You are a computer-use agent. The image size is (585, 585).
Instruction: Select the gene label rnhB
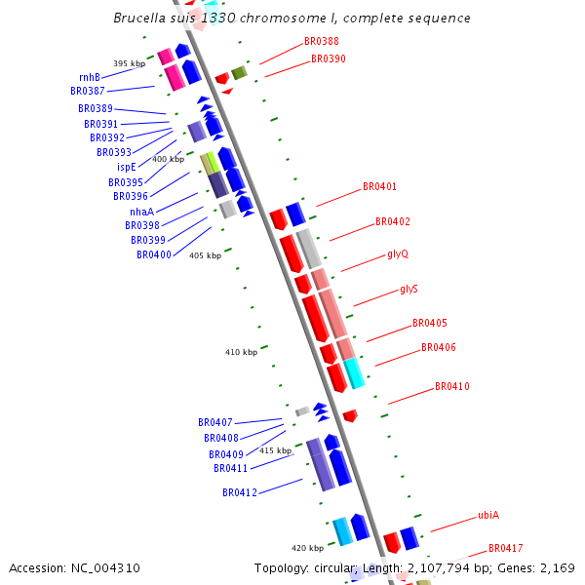tap(90, 77)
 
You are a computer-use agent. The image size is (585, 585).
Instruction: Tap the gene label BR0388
tap(322, 41)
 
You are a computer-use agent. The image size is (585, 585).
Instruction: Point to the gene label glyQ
tap(398, 254)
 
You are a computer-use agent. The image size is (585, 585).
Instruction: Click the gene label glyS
tap(409, 290)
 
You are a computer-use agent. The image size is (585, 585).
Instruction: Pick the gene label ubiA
tap(488, 515)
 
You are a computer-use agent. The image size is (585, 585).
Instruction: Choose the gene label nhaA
tap(141, 212)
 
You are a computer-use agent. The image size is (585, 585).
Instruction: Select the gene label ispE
tap(127, 167)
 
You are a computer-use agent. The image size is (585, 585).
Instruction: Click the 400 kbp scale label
tap(168, 159)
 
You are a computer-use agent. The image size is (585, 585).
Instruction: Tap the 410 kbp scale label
tap(241, 352)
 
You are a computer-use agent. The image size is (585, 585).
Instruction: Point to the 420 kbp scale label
tap(307, 548)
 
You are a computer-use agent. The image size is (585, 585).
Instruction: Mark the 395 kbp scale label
tap(129, 63)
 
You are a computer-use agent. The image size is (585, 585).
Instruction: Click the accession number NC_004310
tap(74, 567)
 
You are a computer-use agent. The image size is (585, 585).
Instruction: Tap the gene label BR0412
tap(240, 492)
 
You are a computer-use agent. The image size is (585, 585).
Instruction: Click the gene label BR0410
tap(452, 386)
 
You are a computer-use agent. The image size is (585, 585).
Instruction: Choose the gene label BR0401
tap(379, 186)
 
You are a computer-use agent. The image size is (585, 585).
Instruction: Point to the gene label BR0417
tap(506, 548)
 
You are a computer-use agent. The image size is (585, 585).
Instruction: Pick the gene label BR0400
tap(154, 254)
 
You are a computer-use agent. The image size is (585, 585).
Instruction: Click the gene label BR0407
tap(215, 422)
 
